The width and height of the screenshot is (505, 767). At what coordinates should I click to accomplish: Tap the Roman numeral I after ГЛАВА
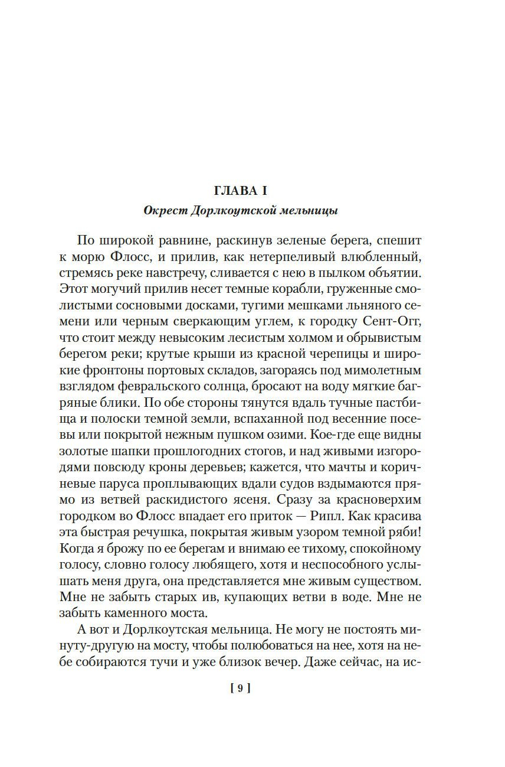pos(257,191)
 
